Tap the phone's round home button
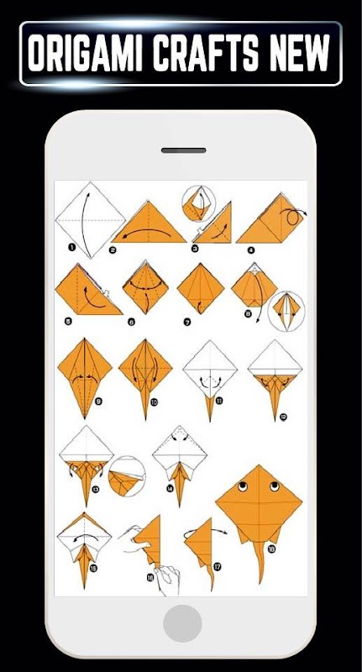pyautogui.click(x=182, y=623)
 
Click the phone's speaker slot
pyautogui.click(x=183, y=150)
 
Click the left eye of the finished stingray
pyautogui.click(x=243, y=486)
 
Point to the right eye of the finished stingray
pyautogui.click(x=275, y=486)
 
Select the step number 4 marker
pyautogui.click(x=251, y=249)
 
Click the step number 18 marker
pyautogui.click(x=271, y=549)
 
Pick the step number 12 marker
pyautogui.click(x=283, y=416)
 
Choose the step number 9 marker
pyautogui.click(x=99, y=402)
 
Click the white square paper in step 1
pyautogui.click(x=91, y=220)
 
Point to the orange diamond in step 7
pyautogui.click(x=201, y=288)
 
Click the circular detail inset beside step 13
pyautogui.click(x=127, y=476)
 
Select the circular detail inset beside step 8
pyautogui.click(x=286, y=311)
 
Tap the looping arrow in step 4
pyautogui.click(x=293, y=217)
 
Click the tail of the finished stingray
pyautogui.click(x=259, y=561)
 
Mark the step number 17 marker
pyautogui.click(x=218, y=567)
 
